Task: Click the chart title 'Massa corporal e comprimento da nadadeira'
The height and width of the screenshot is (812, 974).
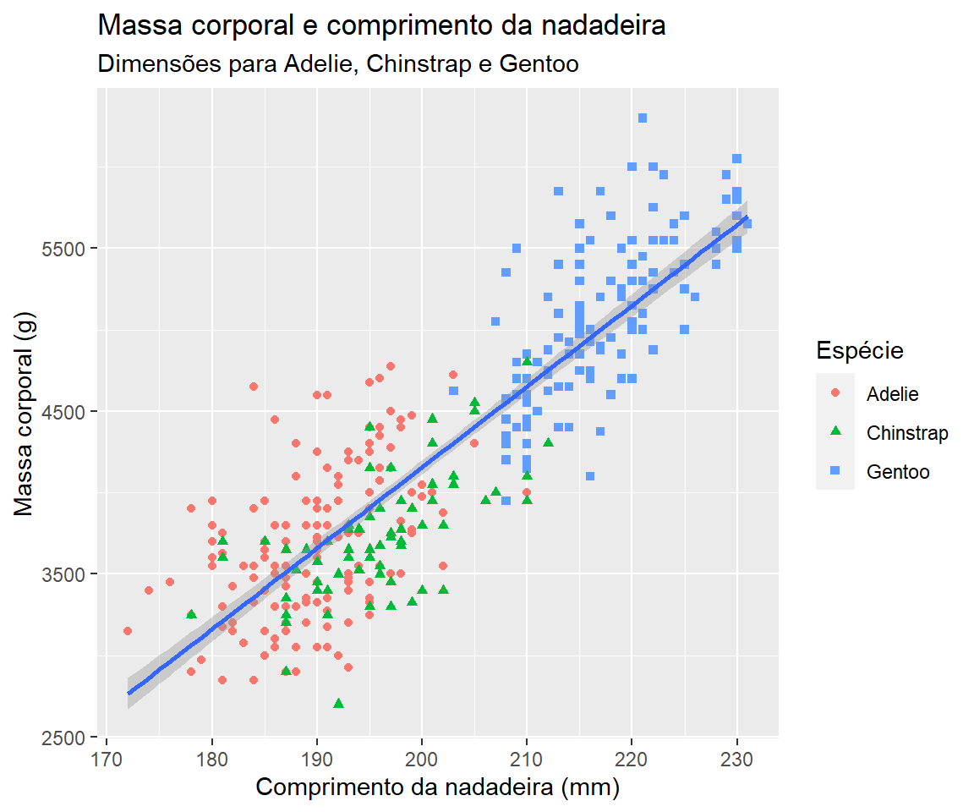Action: click(382, 26)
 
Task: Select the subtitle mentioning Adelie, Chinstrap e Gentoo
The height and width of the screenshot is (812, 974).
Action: click(338, 64)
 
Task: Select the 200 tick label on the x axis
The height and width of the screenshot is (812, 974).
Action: click(422, 755)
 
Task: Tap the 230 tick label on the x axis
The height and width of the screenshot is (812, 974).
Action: click(736, 755)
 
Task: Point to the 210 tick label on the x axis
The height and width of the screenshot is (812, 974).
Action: click(527, 755)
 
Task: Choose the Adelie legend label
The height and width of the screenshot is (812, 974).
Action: click(892, 393)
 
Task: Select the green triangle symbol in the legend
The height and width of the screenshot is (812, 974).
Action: click(835, 432)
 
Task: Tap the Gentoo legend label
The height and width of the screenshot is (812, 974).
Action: click(898, 472)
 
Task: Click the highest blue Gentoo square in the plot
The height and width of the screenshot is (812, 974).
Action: click(643, 118)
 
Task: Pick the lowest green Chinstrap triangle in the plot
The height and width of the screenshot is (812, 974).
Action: click(339, 703)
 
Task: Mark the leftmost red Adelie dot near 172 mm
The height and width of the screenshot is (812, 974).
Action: click(128, 631)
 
